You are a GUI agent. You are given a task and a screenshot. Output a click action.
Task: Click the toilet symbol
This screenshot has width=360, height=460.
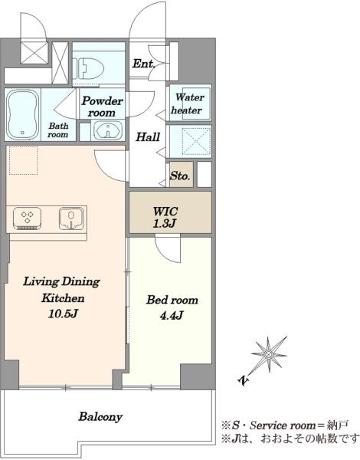click(88, 68)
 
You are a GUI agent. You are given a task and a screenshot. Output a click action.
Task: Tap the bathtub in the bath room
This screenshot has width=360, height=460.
click(23, 114)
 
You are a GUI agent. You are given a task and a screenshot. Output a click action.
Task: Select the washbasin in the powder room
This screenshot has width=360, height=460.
click(108, 130)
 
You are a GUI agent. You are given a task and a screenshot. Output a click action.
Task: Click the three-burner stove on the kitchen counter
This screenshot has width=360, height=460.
click(27, 219)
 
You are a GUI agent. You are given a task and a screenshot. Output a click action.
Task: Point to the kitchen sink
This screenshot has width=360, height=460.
click(71, 219)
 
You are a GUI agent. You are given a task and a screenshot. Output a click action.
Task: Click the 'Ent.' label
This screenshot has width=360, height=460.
click(143, 64)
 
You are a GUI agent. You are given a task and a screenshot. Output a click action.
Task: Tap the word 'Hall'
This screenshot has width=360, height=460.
click(148, 136)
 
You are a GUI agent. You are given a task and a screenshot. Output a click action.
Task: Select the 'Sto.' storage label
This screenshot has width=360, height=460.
click(180, 176)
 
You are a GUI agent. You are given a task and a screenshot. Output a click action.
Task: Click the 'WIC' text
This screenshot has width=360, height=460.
click(165, 211)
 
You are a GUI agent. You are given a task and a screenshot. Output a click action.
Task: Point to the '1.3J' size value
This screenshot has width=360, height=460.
click(164, 224)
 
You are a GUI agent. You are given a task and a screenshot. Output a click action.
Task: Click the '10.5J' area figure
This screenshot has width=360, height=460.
click(63, 314)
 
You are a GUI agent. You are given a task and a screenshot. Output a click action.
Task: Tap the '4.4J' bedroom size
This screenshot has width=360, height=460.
click(172, 315)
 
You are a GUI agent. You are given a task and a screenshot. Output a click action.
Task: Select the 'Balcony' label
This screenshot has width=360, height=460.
click(100, 416)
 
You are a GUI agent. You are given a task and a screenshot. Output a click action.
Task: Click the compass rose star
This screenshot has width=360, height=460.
click(269, 354)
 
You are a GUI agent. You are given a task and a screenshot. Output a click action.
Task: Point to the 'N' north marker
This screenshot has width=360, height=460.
click(243, 380)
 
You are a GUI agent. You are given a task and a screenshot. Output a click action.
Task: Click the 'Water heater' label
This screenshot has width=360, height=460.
click(187, 103)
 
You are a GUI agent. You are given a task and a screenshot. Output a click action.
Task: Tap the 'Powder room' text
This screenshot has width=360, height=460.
click(102, 107)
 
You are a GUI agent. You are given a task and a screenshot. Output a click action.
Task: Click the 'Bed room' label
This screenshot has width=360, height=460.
click(172, 300)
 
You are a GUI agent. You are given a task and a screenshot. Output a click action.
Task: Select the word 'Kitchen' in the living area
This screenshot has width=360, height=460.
click(63, 298)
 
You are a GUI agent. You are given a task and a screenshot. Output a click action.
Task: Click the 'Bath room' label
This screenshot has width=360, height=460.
click(58, 130)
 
